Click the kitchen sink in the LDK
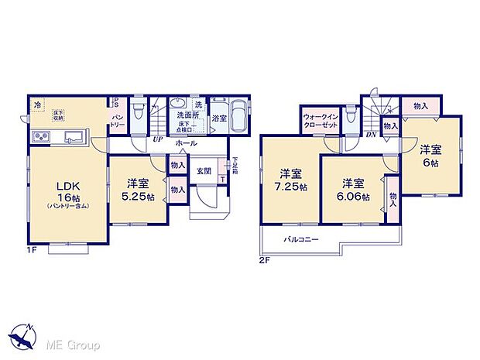(74, 138)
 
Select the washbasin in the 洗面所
(180, 105)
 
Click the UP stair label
(158, 140)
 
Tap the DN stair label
(370, 133)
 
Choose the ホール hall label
(185, 143)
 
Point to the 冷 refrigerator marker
(37, 105)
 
